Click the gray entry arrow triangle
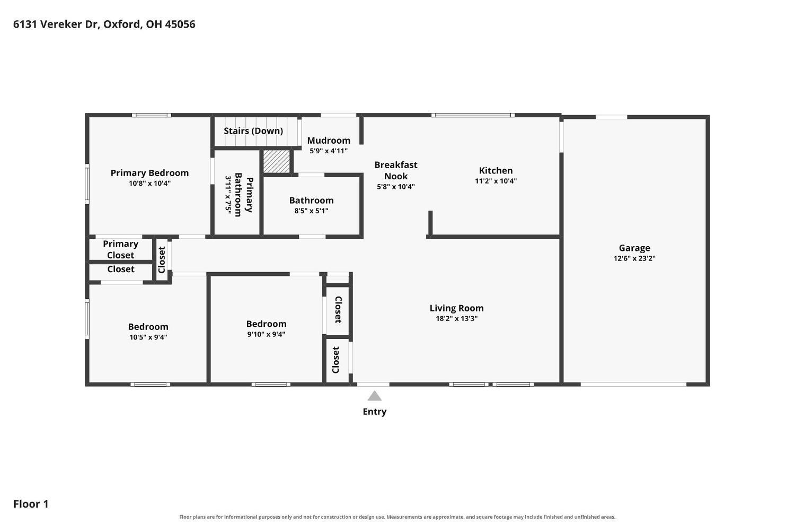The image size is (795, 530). [374, 396]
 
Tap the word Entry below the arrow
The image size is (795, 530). [374, 411]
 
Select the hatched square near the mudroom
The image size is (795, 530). [276, 162]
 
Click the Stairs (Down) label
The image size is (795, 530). [253, 131]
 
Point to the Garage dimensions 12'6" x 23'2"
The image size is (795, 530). [634, 258]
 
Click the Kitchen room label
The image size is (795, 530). [496, 170]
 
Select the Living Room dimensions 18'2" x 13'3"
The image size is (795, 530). [456, 318]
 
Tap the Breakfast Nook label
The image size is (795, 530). [396, 170]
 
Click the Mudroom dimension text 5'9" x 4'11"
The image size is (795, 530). [328, 151]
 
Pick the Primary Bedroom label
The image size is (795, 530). [149, 173]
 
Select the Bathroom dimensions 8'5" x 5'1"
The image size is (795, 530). [311, 211]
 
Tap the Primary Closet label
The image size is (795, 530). [120, 249]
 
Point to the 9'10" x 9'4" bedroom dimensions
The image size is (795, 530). [266, 334]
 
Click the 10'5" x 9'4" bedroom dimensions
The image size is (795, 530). [148, 337]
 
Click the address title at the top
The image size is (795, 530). [104, 24]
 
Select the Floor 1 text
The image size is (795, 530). [31, 503]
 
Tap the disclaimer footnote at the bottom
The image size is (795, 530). [397, 517]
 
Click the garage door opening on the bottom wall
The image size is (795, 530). [633, 384]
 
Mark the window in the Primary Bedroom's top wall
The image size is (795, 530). [152, 115]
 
